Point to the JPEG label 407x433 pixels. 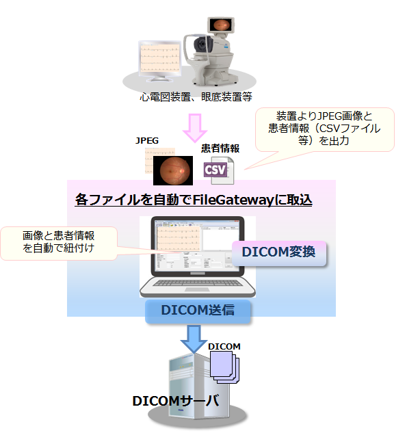point(147,140)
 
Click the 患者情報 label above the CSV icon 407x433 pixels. point(220,147)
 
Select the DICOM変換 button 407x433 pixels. point(278,252)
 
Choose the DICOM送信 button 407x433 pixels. point(198,310)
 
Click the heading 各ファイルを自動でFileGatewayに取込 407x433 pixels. point(194,200)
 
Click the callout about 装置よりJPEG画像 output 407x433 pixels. point(324,128)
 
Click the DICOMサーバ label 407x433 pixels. point(176,400)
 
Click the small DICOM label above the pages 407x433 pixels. point(224,346)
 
